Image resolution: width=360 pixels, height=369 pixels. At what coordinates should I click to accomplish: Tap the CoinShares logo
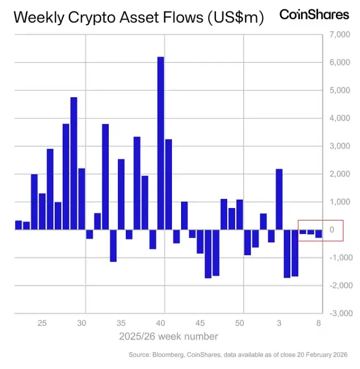(314, 14)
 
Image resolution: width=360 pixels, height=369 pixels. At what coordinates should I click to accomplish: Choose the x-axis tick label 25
(42, 323)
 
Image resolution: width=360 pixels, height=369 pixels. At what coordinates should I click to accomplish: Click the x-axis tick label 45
(199, 323)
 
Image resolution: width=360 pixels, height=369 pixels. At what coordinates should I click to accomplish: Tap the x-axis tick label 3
(279, 323)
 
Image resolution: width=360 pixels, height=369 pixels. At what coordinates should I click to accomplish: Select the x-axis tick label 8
(318, 323)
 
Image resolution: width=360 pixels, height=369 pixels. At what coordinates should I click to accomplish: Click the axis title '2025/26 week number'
(168, 336)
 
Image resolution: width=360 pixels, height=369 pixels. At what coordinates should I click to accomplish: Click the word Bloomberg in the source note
(167, 355)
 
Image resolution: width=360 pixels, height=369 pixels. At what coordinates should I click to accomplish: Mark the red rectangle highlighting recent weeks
(320, 231)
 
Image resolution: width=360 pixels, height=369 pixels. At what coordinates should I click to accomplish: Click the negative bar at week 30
(89, 234)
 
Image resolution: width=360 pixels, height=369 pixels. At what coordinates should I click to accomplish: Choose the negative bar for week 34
(113, 246)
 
